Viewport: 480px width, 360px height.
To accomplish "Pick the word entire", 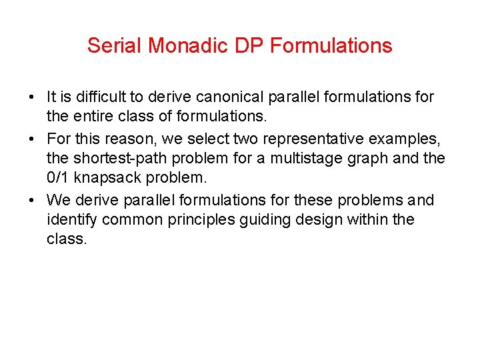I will click(93, 117).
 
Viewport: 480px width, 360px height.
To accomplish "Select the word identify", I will click(69, 219).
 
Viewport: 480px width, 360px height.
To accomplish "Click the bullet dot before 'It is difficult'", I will click(32, 98).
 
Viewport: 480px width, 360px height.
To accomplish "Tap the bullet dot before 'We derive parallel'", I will click(32, 201).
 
